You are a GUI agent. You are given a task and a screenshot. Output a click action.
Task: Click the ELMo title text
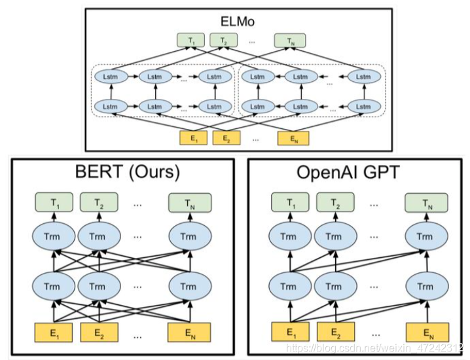pos(238,22)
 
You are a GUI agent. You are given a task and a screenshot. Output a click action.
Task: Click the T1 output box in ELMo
pos(192,41)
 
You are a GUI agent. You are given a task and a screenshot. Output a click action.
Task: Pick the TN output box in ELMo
pos(290,41)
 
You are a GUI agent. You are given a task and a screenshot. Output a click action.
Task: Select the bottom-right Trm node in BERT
pos(189,286)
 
